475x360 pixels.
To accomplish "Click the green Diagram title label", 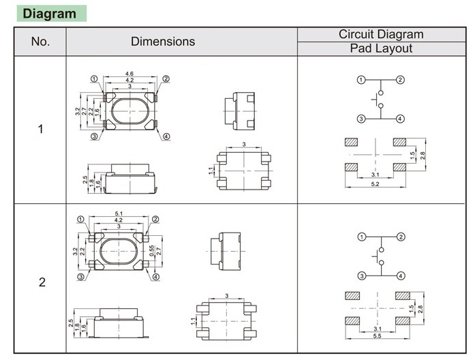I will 50,14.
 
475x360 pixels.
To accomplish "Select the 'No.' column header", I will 41,42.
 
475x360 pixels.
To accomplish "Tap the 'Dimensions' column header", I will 163,42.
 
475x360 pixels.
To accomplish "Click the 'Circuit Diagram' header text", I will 381,34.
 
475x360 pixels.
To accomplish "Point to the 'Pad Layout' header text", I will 381,48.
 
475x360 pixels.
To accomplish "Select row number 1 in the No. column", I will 41,129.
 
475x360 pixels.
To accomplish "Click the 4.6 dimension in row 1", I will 129,73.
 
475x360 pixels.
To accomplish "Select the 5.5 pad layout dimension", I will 377,339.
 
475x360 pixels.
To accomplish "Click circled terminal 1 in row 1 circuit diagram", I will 361,80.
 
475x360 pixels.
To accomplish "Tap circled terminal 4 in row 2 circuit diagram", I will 401,275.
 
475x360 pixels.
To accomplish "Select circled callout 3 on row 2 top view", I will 81,277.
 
